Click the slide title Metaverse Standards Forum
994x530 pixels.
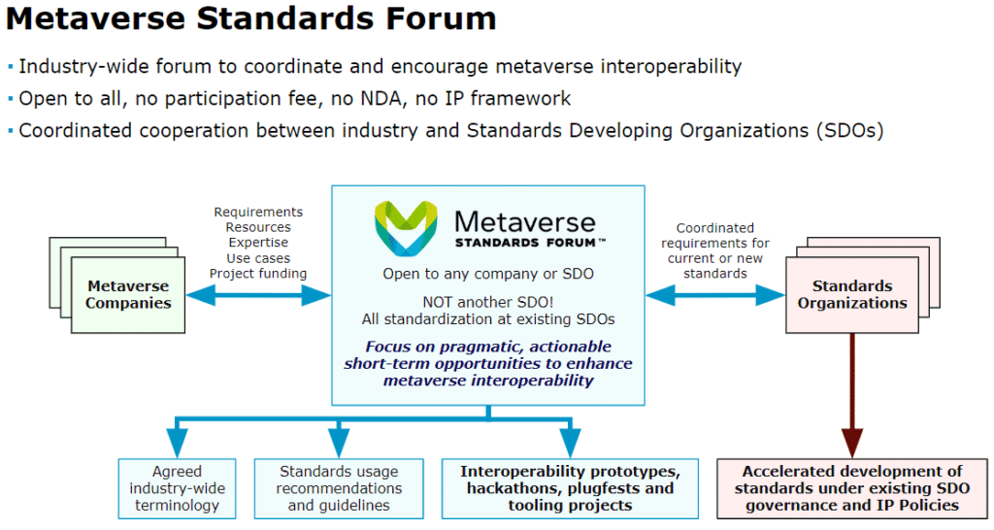pos(251,19)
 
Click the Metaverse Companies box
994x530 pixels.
pos(128,294)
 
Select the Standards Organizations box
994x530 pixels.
pos(852,294)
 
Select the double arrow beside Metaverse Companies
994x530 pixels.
pos(258,294)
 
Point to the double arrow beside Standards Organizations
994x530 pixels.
pos(715,294)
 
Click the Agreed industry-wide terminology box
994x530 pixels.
pos(177,488)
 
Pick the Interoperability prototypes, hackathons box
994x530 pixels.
pos(569,488)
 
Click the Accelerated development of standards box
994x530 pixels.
pos(851,488)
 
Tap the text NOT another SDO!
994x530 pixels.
pos(487,302)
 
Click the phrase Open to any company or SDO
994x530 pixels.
pos(487,274)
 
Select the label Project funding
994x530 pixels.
pos(258,274)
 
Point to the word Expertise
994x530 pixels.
pos(258,243)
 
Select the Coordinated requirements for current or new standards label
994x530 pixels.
pos(714,250)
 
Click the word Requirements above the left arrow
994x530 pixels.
pos(258,212)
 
